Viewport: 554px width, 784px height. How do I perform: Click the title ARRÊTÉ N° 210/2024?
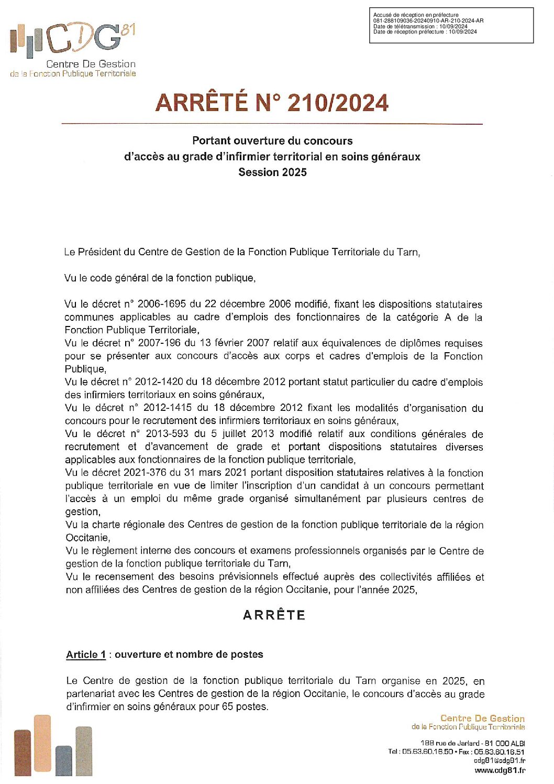(272, 103)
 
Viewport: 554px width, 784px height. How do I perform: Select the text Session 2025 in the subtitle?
(272, 172)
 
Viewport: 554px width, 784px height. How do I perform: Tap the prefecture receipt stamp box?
(451, 25)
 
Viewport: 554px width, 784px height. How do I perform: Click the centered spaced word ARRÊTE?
(274, 615)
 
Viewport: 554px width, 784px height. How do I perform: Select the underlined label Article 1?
(86, 655)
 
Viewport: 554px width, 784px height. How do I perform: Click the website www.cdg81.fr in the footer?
(500, 770)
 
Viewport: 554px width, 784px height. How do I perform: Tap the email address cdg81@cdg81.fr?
(499, 760)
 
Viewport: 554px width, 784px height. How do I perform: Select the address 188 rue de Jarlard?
(450, 743)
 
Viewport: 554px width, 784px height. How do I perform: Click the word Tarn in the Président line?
(407, 252)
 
